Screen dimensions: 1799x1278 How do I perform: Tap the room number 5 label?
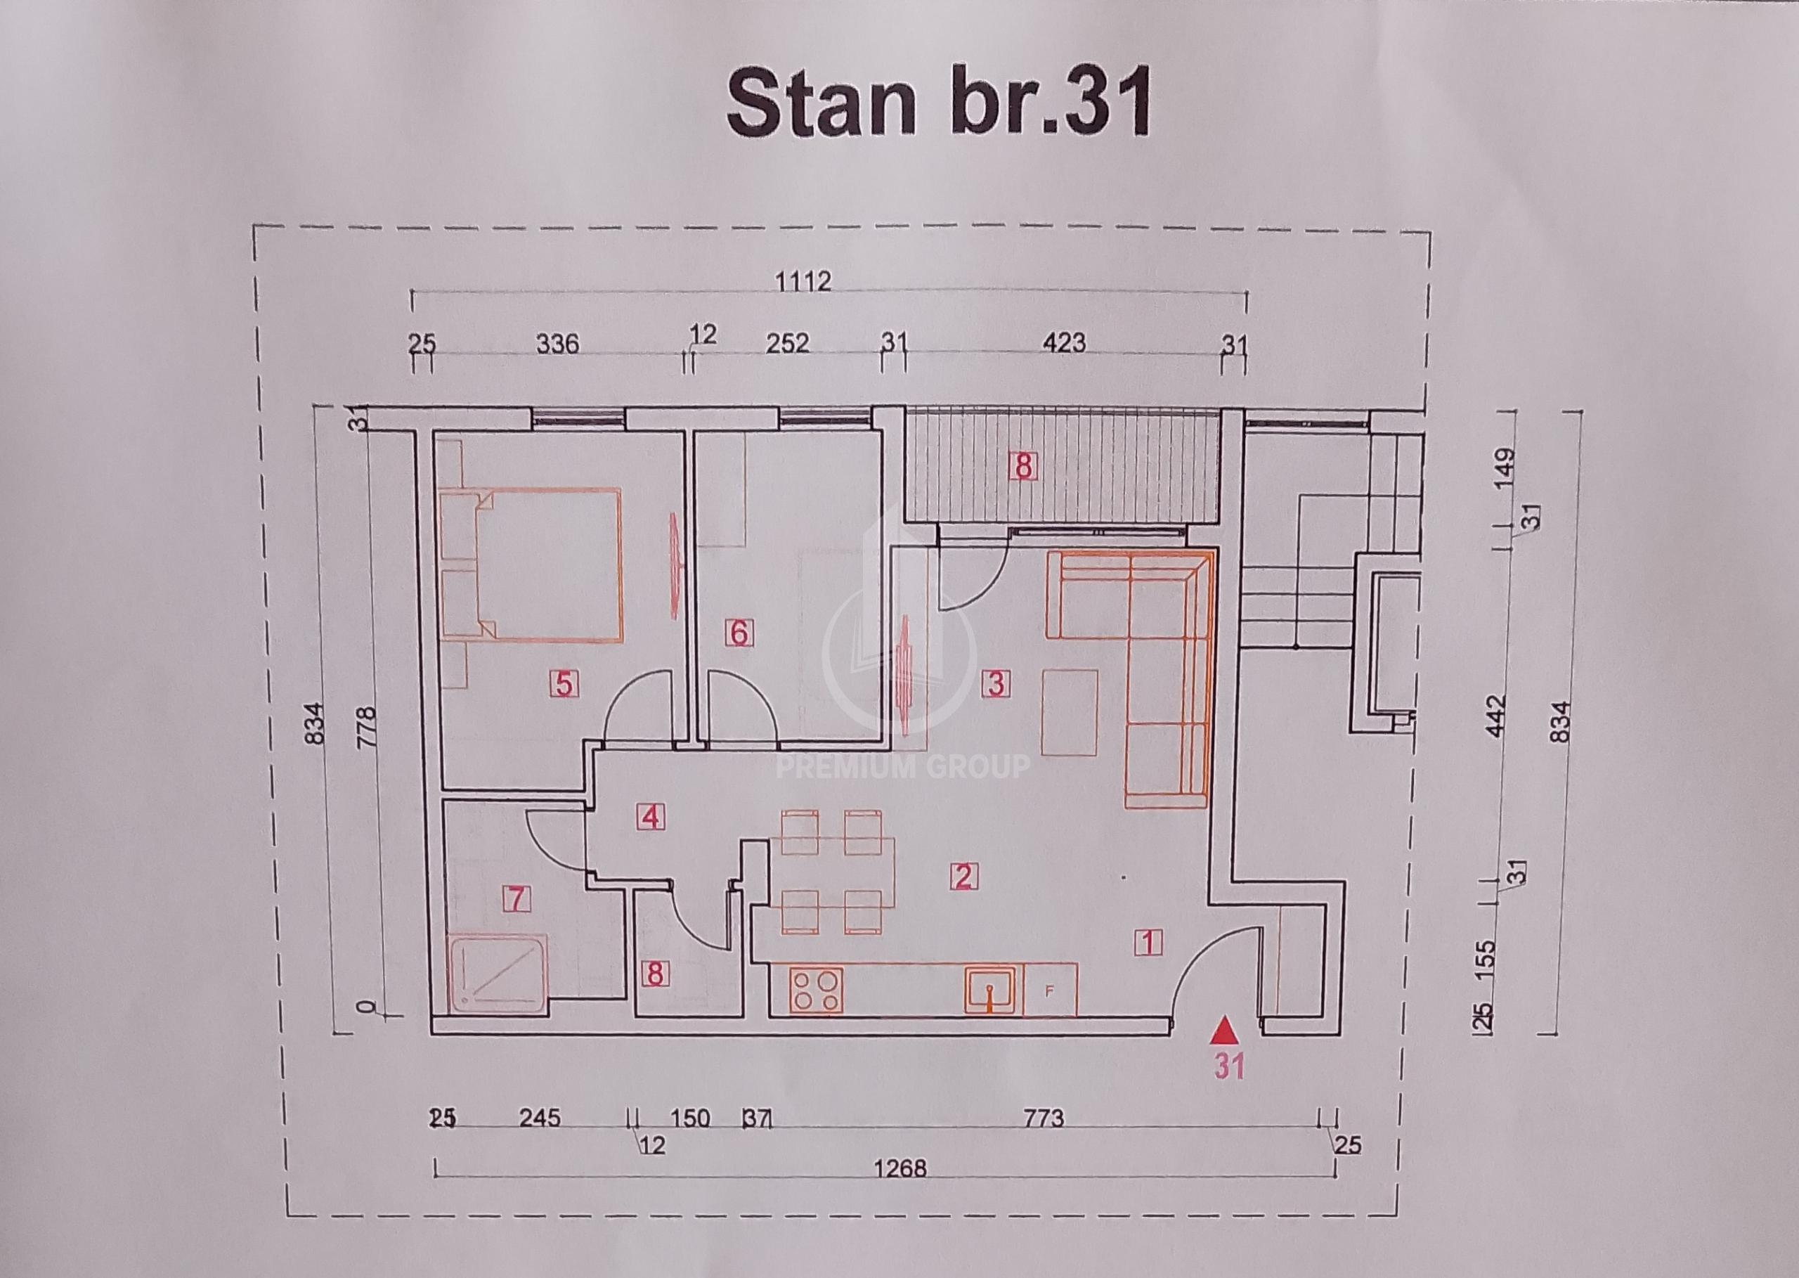(564, 683)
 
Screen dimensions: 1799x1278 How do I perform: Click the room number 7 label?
(516, 898)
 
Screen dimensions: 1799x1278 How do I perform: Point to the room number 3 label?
(995, 683)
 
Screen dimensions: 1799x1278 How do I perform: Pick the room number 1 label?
(1149, 941)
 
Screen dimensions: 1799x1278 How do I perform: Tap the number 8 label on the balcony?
(1022, 467)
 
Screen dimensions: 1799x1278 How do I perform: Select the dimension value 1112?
(803, 281)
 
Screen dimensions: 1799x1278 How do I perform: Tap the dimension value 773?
(1043, 1118)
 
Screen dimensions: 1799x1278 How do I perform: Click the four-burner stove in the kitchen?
(816, 989)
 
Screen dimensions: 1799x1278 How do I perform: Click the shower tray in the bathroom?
(499, 974)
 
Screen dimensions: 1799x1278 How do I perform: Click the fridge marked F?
(1049, 989)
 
